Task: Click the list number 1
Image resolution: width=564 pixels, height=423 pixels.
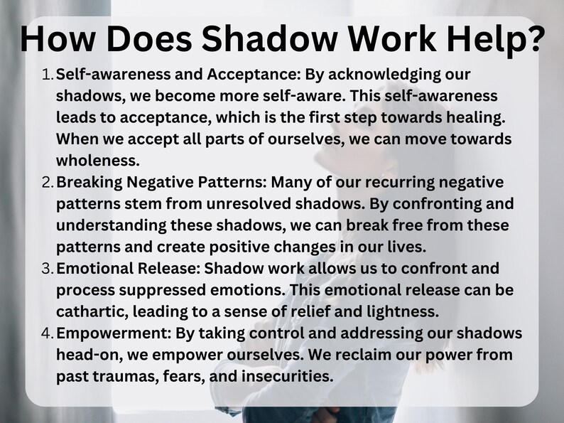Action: click(x=47, y=75)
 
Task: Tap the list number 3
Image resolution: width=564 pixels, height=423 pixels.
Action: click(x=47, y=269)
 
